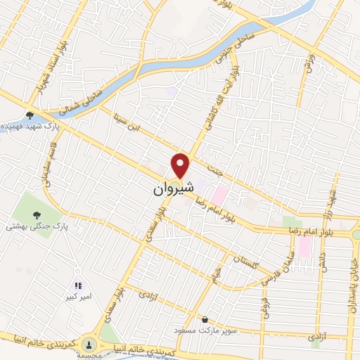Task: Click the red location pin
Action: [x=181, y=165]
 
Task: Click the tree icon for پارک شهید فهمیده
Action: [x=30, y=116]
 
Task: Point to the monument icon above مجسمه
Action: [x=89, y=343]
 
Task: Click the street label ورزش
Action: [x=308, y=62]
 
